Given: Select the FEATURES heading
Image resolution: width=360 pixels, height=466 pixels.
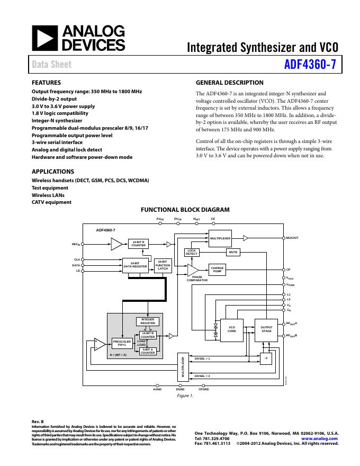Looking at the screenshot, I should (46, 83).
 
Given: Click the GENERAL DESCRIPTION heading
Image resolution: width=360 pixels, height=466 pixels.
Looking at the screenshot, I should (229, 83).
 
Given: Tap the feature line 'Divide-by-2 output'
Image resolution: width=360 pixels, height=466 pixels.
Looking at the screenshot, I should (54, 99).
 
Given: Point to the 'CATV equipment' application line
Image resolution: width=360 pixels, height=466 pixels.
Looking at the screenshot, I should (51, 202).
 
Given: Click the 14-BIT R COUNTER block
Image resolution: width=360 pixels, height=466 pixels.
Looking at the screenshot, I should (138, 244).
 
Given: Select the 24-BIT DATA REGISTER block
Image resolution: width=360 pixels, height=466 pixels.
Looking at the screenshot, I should (135, 265).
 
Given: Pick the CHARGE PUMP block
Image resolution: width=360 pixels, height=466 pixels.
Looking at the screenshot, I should (217, 269).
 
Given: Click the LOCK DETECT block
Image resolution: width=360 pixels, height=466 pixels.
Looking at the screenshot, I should (191, 253).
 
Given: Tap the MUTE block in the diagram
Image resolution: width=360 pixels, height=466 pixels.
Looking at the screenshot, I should (233, 253).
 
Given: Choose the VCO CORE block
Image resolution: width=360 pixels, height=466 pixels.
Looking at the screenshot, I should (232, 329).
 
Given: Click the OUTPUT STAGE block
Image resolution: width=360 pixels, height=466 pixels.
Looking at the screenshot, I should (266, 329).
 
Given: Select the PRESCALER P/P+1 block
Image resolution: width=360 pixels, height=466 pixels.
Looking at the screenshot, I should (122, 343).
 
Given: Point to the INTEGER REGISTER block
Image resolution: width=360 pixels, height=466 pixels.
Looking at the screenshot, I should (148, 321).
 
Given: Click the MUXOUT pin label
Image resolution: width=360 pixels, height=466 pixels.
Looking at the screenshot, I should (292, 238).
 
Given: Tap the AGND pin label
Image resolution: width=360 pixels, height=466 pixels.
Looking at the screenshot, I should (157, 389).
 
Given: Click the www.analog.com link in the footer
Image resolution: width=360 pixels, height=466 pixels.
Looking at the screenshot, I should (319, 439).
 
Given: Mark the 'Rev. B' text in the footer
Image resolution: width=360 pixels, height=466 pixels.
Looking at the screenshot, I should (38, 421).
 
